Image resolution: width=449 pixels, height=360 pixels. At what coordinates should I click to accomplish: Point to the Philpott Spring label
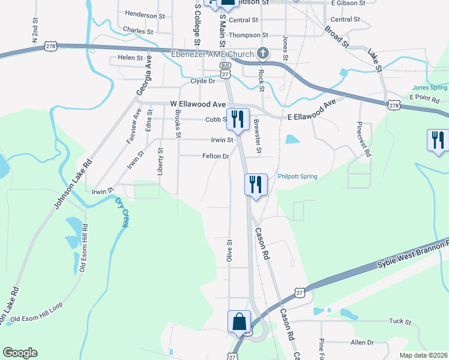(x=297, y=176)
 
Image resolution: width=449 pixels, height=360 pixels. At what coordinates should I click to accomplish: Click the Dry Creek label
(x=122, y=212)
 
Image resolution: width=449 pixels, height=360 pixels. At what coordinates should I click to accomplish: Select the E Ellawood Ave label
(x=311, y=112)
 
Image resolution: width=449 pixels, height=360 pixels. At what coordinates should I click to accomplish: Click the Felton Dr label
(x=216, y=156)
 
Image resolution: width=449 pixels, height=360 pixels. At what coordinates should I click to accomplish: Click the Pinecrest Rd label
(x=364, y=140)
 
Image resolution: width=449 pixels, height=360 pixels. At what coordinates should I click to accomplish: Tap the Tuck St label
(x=399, y=322)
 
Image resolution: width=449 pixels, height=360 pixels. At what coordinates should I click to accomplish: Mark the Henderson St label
(x=145, y=15)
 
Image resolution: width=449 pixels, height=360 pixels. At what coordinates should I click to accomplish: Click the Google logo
(x=20, y=353)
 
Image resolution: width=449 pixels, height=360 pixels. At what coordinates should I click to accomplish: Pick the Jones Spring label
(x=430, y=88)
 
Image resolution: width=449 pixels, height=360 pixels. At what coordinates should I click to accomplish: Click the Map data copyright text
(x=423, y=355)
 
